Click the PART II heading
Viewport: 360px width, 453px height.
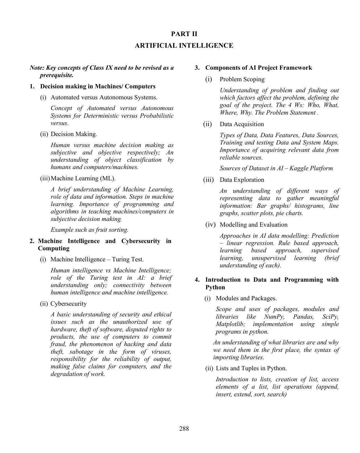tap(184, 34)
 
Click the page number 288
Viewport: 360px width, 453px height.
tap(184, 428)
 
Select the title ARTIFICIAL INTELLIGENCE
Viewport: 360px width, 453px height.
tap(184, 46)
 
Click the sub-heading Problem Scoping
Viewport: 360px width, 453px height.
tap(242, 79)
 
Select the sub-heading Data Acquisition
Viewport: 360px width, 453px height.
tap(242, 124)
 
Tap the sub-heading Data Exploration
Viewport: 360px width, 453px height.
tap(242, 180)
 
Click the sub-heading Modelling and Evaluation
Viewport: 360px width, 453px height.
tap(253, 225)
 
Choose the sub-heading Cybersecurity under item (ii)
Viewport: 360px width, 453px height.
tap(68, 304)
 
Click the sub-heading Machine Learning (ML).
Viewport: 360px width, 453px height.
tap(83, 178)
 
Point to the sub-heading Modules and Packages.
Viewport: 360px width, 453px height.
tap(246, 298)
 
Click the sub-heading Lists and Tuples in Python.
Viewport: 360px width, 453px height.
tap(251, 368)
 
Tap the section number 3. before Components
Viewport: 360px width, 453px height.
tap(197, 68)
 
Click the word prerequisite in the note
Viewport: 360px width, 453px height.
tap(56, 75)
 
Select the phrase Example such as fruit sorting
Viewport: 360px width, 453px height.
tap(90, 230)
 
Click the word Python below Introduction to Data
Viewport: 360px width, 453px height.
tap(215, 287)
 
